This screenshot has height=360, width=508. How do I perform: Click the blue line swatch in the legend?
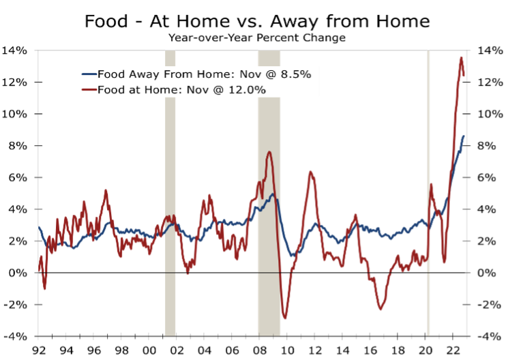(x=89, y=74)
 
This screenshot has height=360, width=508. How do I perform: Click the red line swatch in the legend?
(x=89, y=89)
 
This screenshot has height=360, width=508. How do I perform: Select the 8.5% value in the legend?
(x=297, y=74)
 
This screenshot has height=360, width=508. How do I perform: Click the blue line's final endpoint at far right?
(x=464, y=136)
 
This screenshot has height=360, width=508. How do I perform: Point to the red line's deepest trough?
(x=284, y=318)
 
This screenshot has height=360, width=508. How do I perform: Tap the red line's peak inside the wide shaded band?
(x=270, y=152)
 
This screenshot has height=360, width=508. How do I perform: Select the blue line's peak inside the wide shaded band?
(x=273, y=194)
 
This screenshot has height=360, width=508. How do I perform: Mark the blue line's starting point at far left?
(x=39, y=227)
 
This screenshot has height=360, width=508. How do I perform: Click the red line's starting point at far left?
(x=39, y=271)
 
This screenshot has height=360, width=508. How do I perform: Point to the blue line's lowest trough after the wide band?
(x=292, y=256)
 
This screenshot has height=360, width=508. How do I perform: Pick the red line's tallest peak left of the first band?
(x=106, y=190)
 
